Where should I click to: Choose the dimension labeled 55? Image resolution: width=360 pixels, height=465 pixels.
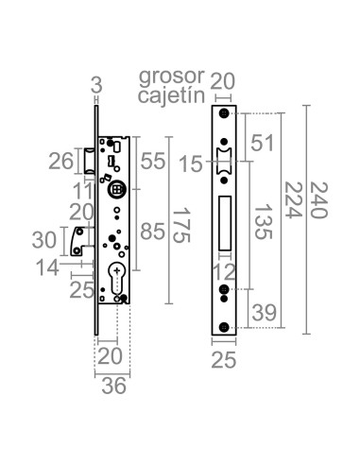(155, 162)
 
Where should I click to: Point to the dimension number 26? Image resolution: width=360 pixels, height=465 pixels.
(60, 162)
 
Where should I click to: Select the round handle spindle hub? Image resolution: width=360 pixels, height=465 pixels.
(116, 189)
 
